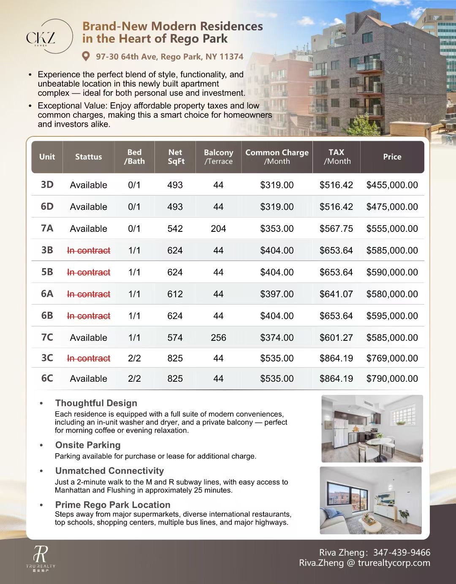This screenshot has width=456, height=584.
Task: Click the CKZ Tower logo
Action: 41,37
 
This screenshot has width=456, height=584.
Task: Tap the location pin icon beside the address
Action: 86,56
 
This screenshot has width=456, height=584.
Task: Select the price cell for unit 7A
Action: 392,228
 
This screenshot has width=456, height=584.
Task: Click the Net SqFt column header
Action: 175,157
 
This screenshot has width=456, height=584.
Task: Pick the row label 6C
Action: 47,378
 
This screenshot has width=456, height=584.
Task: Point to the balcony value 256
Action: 218,337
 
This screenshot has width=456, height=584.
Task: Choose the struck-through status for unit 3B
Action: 89,250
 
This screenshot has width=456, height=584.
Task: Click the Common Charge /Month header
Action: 277,157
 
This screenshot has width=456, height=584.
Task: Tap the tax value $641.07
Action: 336,294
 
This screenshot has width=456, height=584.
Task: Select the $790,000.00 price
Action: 392,378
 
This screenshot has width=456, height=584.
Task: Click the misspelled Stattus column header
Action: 88,157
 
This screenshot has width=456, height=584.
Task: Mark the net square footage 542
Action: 175,228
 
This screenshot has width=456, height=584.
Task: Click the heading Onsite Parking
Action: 88,445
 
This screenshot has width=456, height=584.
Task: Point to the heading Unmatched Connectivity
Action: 109,470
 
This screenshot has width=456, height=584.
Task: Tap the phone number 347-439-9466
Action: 402,552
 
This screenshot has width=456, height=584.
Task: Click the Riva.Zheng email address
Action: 364,563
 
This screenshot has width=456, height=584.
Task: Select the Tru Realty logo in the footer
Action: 41,558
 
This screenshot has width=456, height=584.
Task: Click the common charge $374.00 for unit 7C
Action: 277,337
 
